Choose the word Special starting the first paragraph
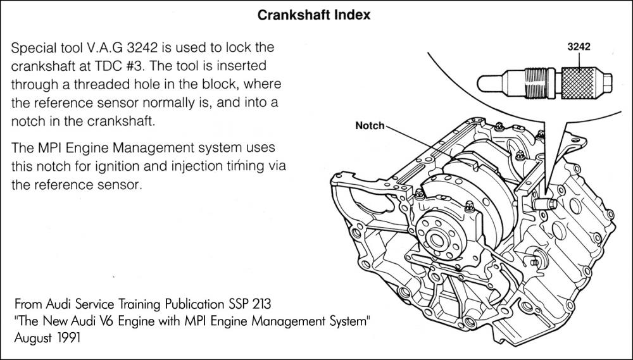(33, 48)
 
